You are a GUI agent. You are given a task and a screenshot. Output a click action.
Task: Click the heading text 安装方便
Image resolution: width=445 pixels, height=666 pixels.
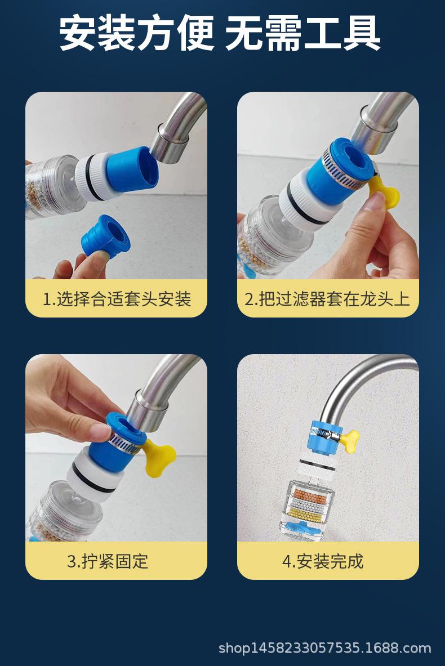[136, 33]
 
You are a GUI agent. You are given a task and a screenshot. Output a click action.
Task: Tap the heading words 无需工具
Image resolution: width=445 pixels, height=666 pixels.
[302, 33]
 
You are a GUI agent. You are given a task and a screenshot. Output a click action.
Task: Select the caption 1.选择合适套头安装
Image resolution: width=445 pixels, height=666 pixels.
[117, 299]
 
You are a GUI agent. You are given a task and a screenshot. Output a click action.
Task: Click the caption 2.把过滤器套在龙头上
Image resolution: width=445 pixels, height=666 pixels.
[327, 299]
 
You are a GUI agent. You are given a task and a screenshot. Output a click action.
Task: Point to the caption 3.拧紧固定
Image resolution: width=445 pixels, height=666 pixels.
[108, 561]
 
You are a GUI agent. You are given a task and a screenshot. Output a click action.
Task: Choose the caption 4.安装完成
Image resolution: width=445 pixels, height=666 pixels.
[323, 561]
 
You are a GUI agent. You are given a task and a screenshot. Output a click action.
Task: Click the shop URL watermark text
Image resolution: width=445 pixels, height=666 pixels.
[324, 648]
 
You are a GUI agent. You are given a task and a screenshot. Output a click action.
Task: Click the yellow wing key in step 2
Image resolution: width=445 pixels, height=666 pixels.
[384, 194]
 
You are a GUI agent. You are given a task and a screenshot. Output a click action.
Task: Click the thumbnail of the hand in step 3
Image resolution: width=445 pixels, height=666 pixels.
[101, 432]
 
